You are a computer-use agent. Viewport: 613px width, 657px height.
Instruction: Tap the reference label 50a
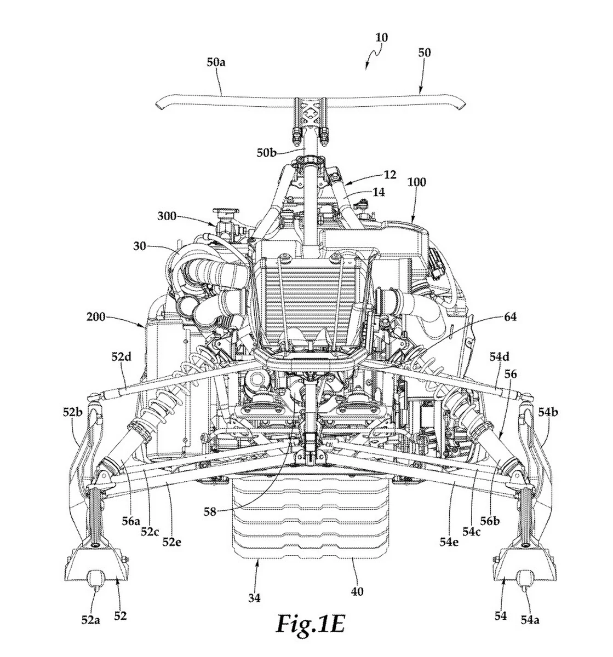[x=216, y=62]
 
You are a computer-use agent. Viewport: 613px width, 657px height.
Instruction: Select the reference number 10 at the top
[x=381, y=38]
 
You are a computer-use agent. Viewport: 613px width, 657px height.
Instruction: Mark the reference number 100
[x=416, y=182]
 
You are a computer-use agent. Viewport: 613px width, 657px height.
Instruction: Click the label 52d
[x=122, y=357]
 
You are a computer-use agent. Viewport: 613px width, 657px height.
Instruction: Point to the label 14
[x=378, y=192]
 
